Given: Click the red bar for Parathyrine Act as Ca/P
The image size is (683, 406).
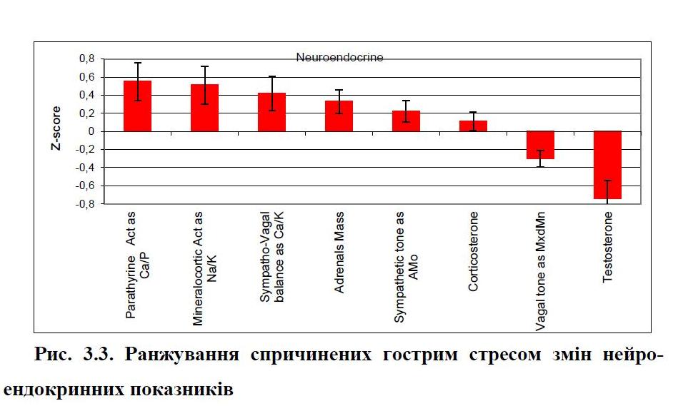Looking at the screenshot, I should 137,106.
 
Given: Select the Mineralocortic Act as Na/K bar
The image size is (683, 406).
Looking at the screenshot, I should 204,108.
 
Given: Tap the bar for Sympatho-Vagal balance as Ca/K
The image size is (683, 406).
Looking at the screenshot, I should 271,112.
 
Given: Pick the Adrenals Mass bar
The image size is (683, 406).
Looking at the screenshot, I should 339,116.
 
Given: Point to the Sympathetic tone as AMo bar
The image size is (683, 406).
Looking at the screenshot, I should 406,121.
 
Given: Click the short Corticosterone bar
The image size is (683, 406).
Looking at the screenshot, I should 473,126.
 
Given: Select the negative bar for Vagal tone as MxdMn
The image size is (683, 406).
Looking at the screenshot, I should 540,145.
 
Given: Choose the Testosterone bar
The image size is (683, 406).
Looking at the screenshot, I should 607,165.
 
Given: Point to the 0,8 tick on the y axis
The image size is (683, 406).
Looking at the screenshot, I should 86,59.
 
